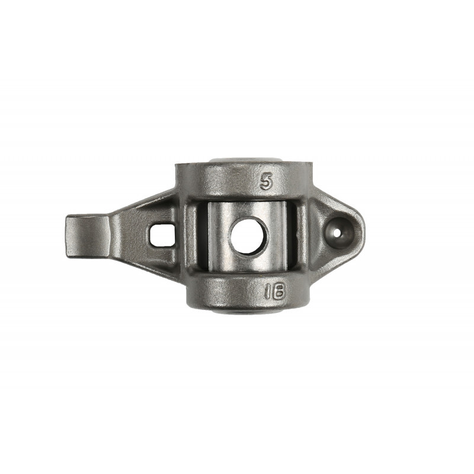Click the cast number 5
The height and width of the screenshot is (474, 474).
(x=267, y=182)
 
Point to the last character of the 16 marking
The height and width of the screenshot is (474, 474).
(x=279, y=291)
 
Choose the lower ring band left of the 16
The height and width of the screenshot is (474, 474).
(x=219, y=292)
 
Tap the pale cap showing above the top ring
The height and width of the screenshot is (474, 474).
(x=246, y=161)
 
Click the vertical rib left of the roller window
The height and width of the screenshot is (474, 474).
(x=191, y=237)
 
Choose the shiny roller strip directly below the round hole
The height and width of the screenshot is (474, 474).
(x=249, y=264)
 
